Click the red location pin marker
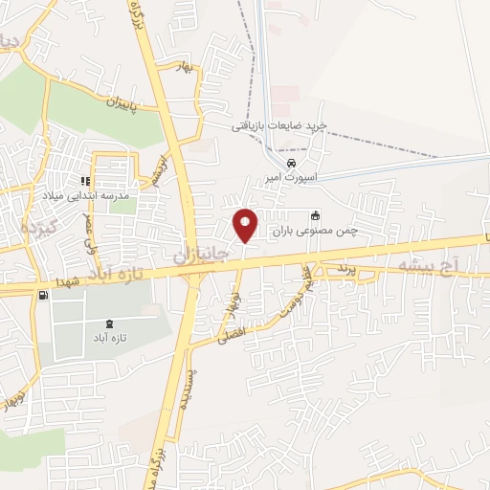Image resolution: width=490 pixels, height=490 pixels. point(246,225)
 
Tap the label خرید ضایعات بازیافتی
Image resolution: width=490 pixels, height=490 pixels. point(280,125)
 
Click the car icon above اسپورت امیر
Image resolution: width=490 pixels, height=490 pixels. point(277,162)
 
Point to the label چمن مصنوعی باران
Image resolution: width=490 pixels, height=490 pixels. point(315,231)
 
